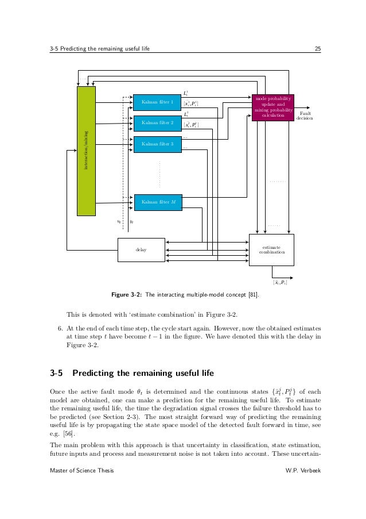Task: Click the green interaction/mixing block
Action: (87, 151)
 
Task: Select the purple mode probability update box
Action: (272, 107)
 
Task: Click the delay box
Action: (141, 250)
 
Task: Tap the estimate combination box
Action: (271, 249)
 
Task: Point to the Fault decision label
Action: (305, 116)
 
